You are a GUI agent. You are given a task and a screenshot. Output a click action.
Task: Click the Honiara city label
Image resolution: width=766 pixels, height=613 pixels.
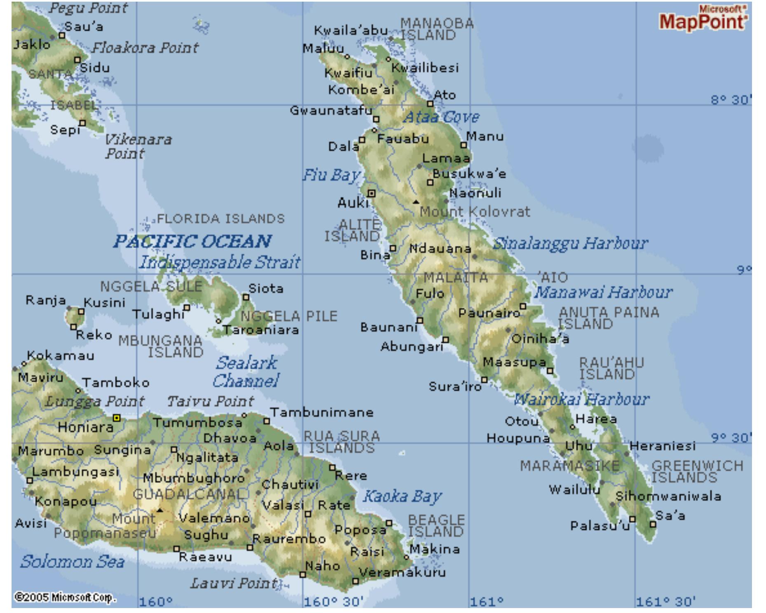tap(85, 427)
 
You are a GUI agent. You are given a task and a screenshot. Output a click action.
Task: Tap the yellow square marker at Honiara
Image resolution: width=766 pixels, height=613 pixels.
tap(117, 418)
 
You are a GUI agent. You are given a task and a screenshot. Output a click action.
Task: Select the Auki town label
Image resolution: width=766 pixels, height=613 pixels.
tap(352, 203)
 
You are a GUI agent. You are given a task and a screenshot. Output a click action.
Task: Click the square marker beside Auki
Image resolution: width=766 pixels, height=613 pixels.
tap(372, 193)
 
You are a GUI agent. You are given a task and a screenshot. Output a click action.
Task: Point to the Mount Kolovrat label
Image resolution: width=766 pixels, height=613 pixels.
tap(475, 212)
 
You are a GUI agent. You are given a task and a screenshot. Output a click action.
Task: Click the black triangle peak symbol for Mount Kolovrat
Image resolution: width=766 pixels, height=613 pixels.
tap(416, 201)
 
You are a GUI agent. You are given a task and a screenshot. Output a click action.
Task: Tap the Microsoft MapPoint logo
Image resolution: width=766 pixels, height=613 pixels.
tap(703, 19)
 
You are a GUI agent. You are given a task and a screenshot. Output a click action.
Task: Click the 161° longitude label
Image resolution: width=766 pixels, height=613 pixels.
tap(487, 602)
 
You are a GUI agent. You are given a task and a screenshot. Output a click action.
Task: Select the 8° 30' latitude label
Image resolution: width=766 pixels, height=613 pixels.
tap(731, 100)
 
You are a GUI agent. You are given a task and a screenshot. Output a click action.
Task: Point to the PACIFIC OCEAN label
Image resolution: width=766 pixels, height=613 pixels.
tap(192, 241)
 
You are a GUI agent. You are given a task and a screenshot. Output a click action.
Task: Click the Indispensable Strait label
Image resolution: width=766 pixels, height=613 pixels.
tap(219, 262)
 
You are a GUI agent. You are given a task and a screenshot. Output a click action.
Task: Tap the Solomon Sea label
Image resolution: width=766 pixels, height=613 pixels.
tap(72, 562)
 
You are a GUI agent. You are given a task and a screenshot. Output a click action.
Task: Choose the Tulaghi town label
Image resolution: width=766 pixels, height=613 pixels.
tap(158, 314)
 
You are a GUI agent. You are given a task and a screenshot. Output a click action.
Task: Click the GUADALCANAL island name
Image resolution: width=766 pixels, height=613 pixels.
tap(191, 494)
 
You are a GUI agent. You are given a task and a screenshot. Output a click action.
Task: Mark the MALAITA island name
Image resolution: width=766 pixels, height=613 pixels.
tap(455, 278)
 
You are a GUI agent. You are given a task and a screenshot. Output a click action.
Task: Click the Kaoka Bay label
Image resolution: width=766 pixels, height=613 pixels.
tap(402, 496)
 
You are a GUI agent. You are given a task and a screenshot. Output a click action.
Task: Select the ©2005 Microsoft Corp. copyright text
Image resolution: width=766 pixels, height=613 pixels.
tap(65, 597)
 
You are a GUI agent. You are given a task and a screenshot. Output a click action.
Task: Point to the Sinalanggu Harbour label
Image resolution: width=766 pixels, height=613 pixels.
tap(570, 243)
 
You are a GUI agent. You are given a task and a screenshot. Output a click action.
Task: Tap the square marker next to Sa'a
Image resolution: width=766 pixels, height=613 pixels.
tap(653, 524)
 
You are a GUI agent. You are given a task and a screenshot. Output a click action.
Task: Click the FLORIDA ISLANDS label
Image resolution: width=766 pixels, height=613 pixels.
tap(221, 219)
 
